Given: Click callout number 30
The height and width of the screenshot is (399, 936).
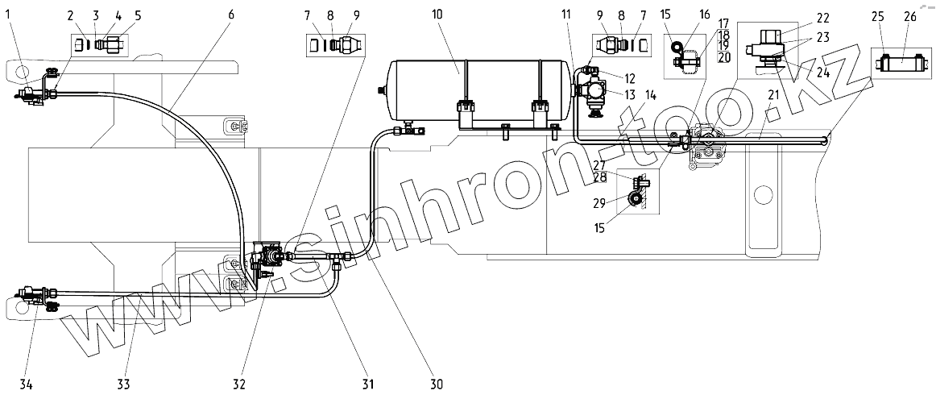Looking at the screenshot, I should coord(437,384).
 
